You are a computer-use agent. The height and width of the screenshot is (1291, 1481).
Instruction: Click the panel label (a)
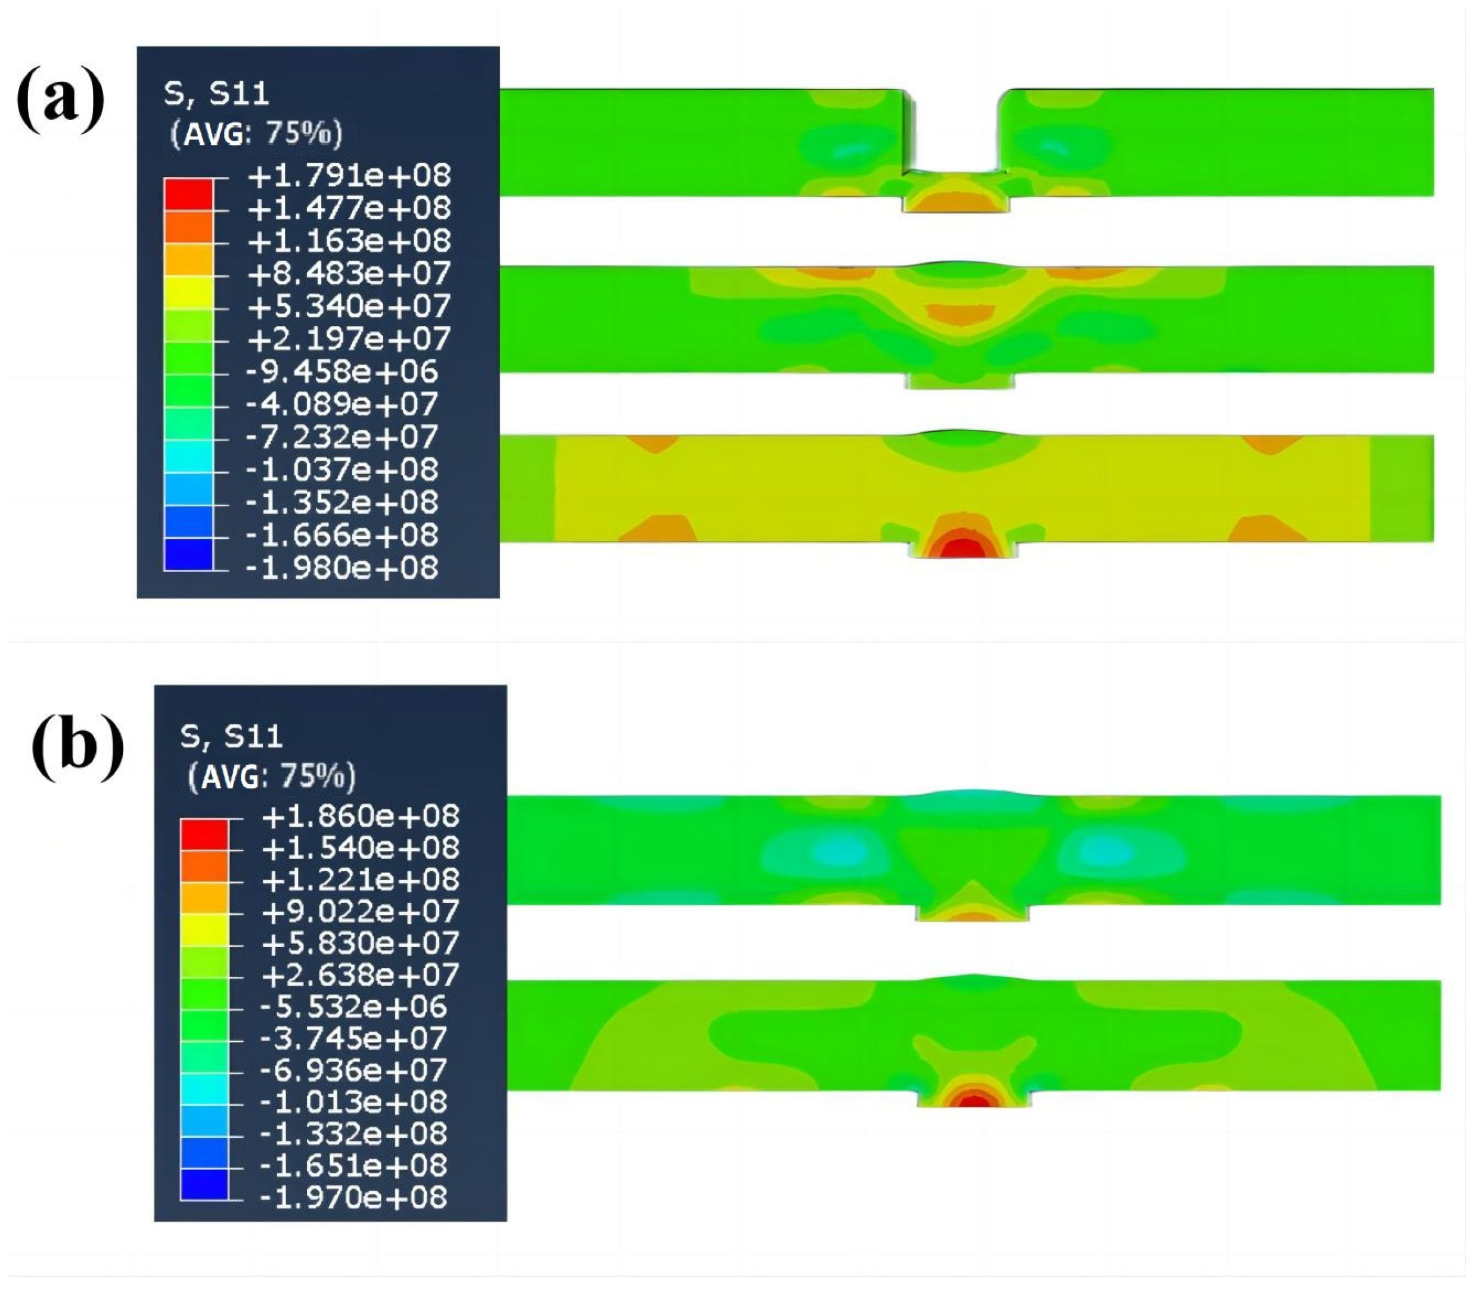point(61,99)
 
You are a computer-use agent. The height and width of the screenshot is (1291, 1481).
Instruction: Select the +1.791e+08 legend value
point(349,176)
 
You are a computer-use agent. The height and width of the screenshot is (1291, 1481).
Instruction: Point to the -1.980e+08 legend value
point(341,569)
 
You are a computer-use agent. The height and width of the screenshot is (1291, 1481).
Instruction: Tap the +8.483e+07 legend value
point(349,274)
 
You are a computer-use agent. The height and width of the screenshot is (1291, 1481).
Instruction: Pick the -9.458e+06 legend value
point(341,373)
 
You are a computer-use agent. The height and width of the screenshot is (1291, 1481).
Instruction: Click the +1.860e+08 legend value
point(360,816)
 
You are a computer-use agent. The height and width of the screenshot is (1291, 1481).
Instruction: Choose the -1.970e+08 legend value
point(353,1197)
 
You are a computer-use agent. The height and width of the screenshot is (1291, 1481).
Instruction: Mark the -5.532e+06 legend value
point(353,1007)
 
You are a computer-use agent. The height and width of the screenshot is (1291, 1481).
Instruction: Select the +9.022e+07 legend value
point(360,911)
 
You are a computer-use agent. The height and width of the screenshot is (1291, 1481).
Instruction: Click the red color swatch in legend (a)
point(189,194)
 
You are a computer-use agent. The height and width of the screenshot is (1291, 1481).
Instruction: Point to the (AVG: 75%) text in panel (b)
point(272,777)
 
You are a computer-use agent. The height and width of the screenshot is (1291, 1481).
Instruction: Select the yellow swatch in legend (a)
point(189,293)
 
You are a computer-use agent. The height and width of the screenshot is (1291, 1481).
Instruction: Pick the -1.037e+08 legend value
point(341,470)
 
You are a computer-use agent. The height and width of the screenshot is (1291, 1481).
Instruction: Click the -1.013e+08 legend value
point(353,1101)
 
